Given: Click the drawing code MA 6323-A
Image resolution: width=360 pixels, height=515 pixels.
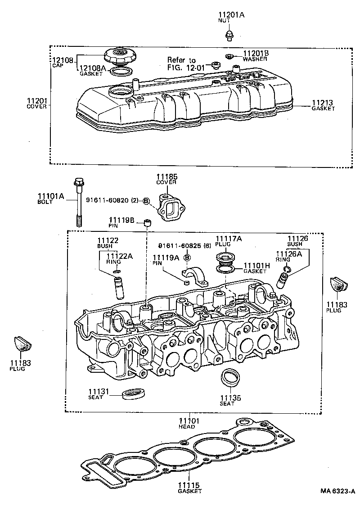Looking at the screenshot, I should pyautogui.click(x=337, y=491).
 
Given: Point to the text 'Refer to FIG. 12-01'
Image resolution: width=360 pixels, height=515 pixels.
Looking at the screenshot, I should pyautogui.click(x=181, y=63).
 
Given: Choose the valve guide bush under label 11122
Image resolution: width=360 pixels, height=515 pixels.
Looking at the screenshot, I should pyautogui.click(x=119, y=288).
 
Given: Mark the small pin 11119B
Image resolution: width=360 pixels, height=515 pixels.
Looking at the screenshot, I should pyautogui.click(x=147, y=222).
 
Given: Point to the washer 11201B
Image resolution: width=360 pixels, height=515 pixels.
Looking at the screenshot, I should pyautogui.click(x=229, y=56).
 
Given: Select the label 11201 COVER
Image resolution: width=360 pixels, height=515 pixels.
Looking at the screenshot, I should pyautogui.click(x=37, y=103).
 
